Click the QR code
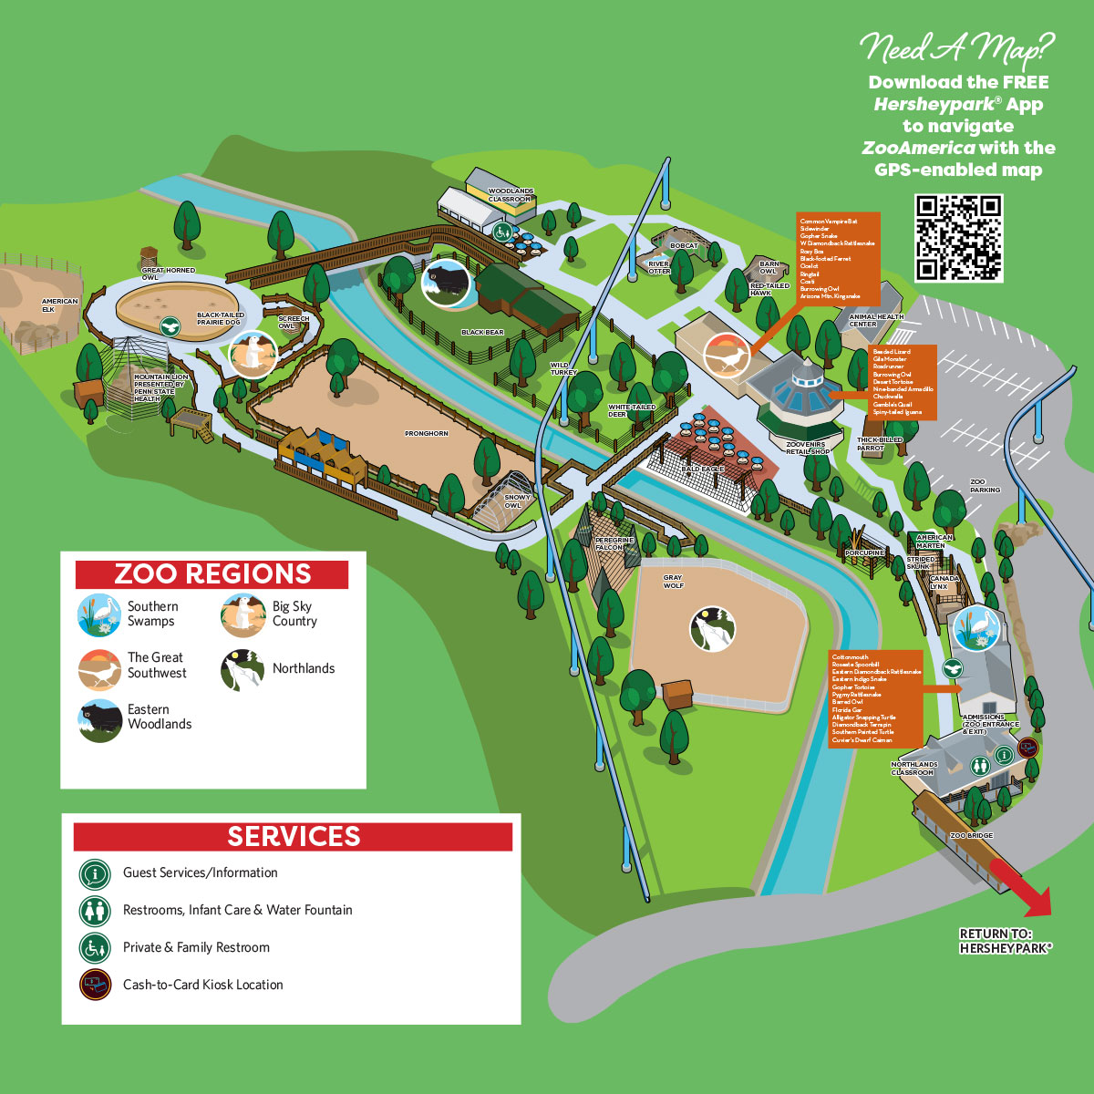click(x=958, y=238)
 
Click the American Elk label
click(x=60, y=305)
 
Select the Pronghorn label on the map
click(x=427, y=434)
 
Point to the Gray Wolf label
click(x=673, y=582)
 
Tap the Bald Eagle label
click(x=703, y=469)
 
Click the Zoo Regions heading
click(x=212, y=574)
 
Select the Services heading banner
click(x=294, y=837)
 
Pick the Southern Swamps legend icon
click(x=99, y=614)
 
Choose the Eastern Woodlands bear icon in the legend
click(x=99, y=720)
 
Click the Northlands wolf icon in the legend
click(x=243, y=669)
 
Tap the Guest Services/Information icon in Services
click(x=95, y=873)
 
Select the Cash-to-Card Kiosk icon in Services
click(x=95, y=985)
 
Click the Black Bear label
click(x=482, y=333)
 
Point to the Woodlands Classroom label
click(x=511, y=195)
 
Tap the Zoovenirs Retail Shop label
click(x=807, y=448)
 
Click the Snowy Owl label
click(x=517, y=501)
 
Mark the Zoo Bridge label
click(x=971, y=836)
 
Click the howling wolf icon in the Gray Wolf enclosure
click(x=711, y=629)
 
